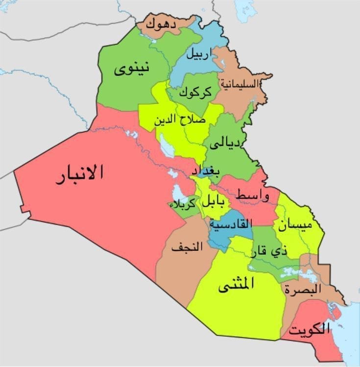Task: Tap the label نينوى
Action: pos(132,70)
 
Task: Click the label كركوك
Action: pos(195,91)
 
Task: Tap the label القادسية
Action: pos(231,223)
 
